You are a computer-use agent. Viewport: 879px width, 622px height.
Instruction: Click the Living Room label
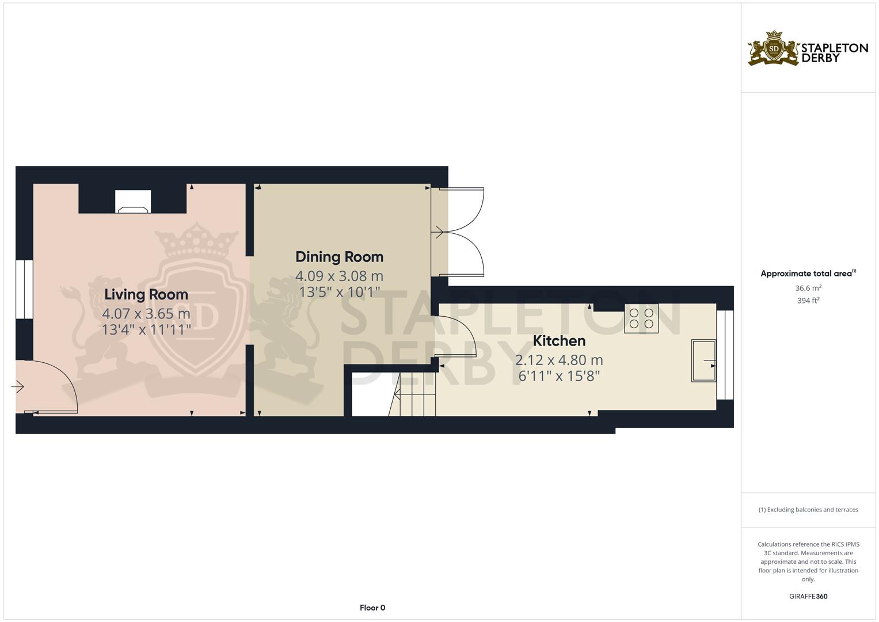click(x=146, y=294)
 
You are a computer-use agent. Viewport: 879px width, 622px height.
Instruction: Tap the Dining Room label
click(x=339, y=257)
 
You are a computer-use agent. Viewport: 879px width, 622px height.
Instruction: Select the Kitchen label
click(x=559, y=341)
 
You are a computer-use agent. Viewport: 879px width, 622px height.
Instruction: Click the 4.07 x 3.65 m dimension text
click(x=146, y=314)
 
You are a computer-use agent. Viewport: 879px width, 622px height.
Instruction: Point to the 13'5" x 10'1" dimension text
click(x=339, y=292)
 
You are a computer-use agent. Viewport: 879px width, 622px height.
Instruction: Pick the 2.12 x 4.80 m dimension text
click(x=559, y=361)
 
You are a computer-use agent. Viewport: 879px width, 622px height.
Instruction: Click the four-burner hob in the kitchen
click(x=641, y=318)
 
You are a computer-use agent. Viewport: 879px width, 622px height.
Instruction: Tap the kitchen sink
click(x=703, y=361)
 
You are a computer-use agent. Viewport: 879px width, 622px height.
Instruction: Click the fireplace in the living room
click(x=133, y=202)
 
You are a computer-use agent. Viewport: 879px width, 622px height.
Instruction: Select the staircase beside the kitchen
click(x=413, y=394)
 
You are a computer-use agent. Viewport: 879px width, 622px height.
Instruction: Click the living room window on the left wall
click(x=24, y=289)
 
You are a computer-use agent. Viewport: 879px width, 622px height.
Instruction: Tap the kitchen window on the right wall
click(x=725, y=355)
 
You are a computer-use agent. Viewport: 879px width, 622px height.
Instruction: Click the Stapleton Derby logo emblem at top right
click(x=774, y=49)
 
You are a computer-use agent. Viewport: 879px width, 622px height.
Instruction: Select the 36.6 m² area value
click(x=808, y=288)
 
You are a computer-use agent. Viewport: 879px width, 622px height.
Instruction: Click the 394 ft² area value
click(x=808, y=301)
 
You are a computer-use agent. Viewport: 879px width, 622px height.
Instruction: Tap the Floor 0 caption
click(x=372, y=608)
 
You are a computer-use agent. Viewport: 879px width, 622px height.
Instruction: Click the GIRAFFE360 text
click(x=808, y=597)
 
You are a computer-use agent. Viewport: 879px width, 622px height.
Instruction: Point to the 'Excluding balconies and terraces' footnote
click(x=808, y=510)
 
